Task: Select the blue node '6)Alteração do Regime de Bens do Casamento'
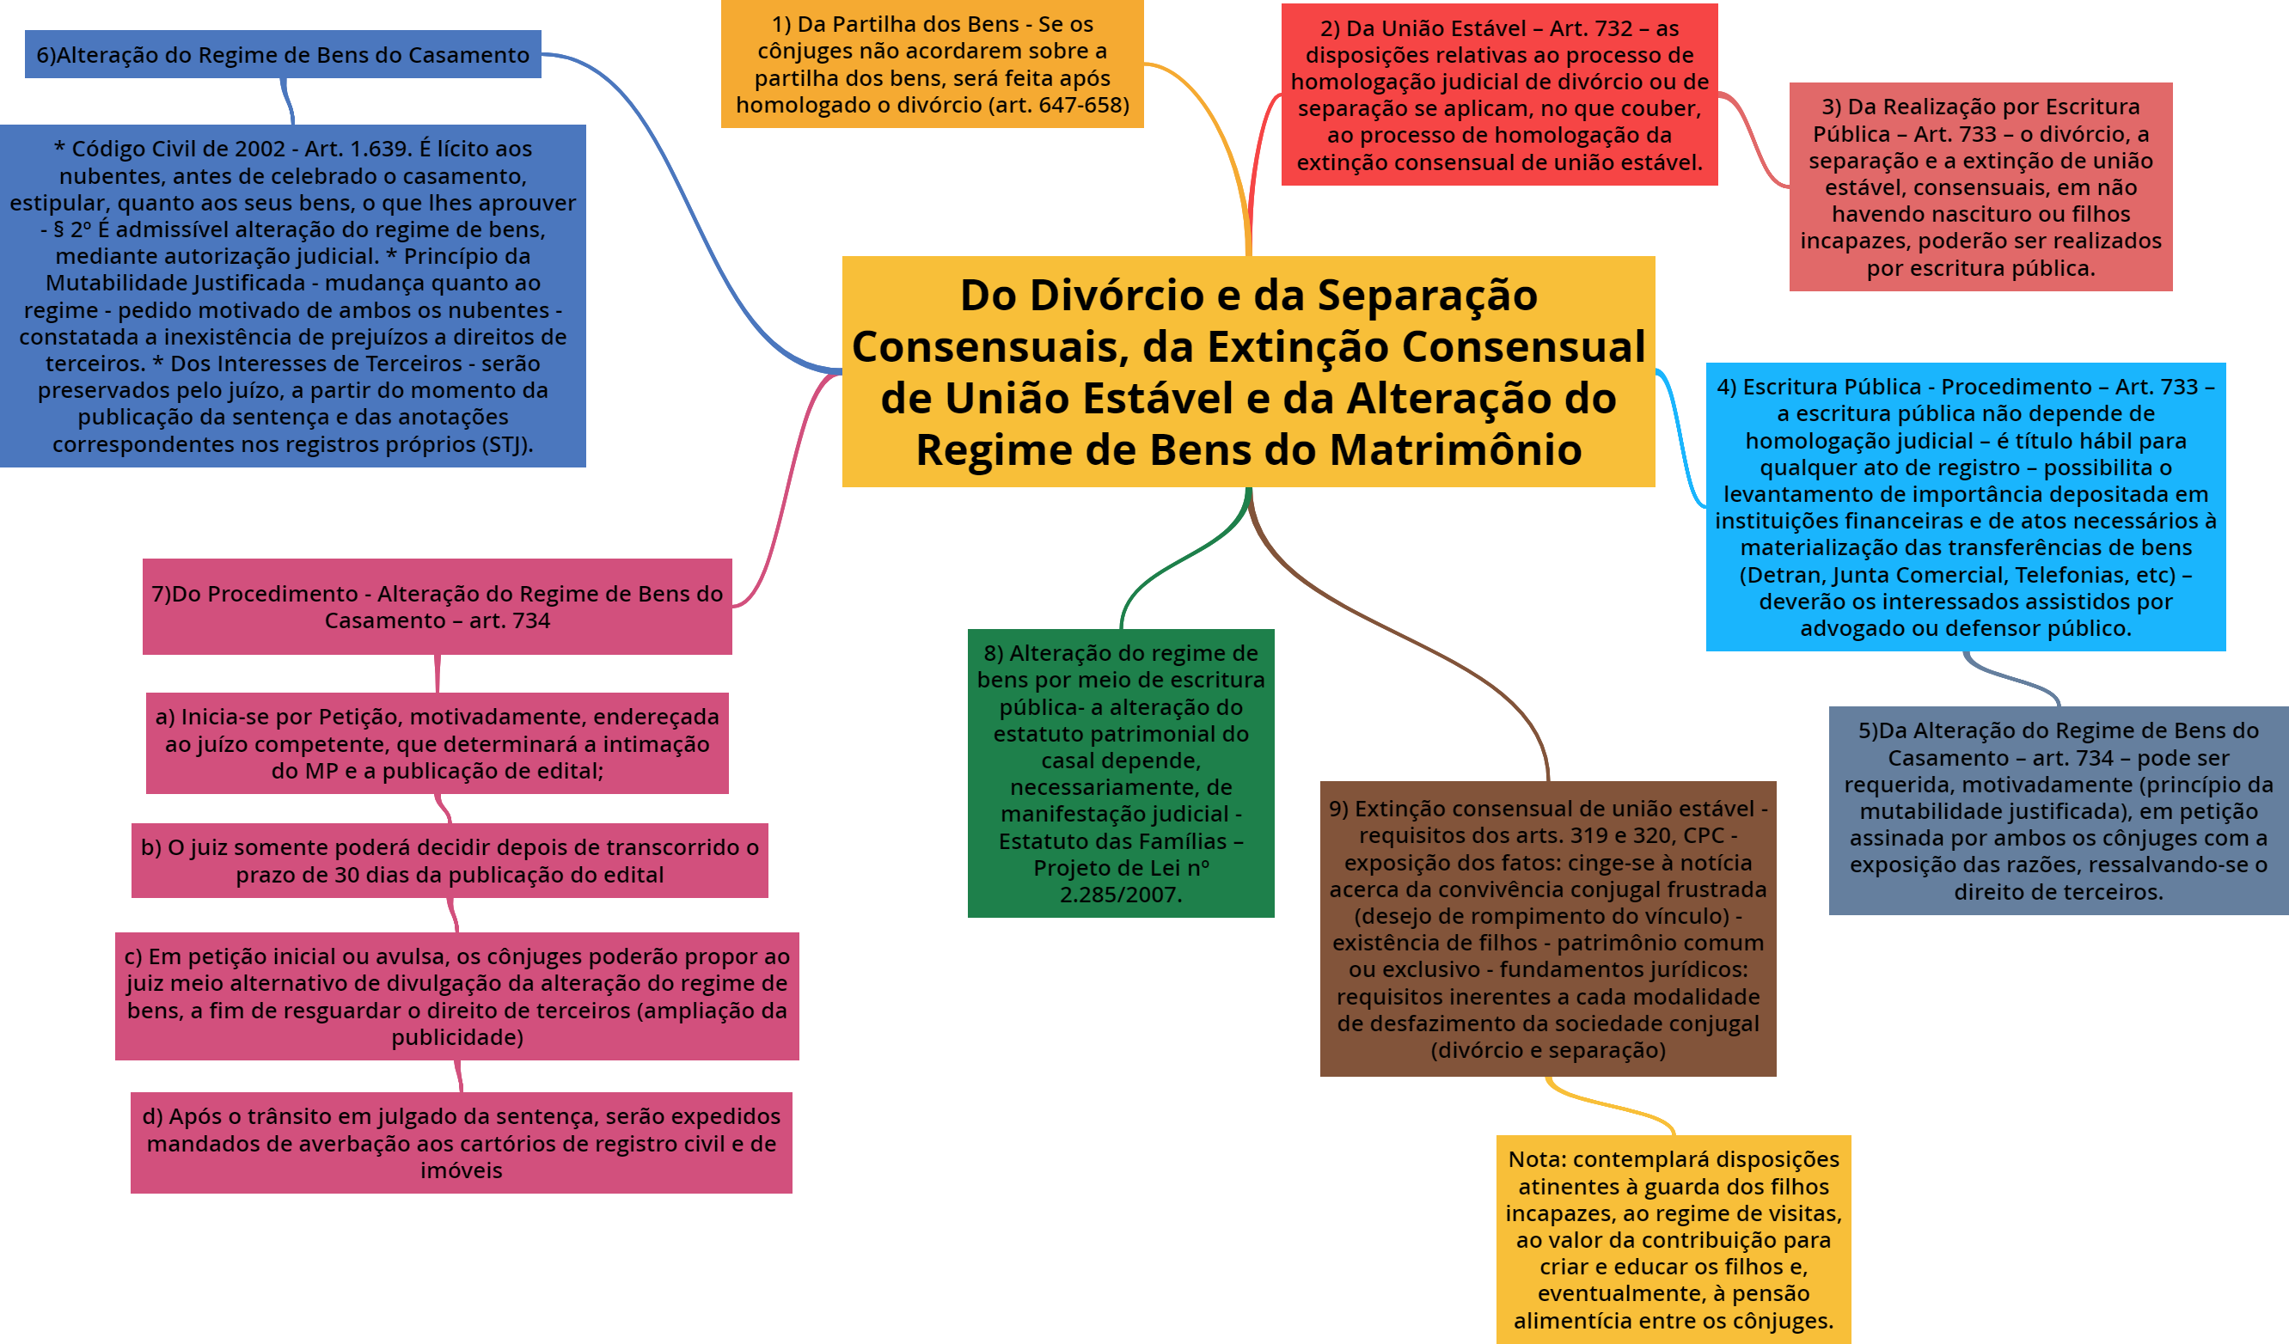point(283,54)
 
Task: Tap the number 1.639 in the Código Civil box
point(375,148)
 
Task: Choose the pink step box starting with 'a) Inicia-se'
point(437,743)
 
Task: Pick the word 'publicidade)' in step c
point(457,1037)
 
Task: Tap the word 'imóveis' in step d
point(461,1170)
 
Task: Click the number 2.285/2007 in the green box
point(1120,895)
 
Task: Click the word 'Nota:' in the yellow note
point(1537,1159)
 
